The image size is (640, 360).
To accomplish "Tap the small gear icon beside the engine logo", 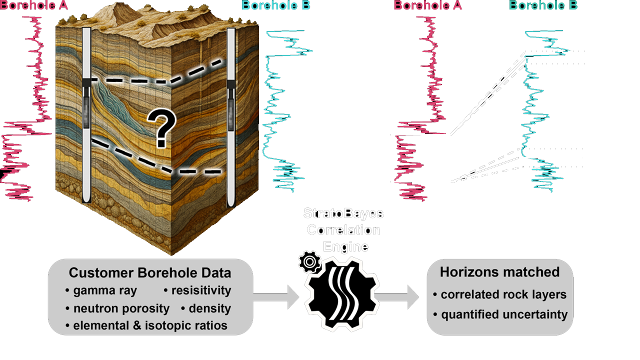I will coord(309,261).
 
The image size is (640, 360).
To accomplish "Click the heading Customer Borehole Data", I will coord(150,273).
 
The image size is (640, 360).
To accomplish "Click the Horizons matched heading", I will coord(499,272).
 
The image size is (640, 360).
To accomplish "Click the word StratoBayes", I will coord(343,213).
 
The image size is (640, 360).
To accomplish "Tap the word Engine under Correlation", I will coord(345,246).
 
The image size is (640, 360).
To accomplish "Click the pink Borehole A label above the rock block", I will coord(34,5).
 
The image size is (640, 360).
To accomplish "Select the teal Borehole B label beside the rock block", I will coord(275,5).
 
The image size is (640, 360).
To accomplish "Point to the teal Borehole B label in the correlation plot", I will coord(543,5).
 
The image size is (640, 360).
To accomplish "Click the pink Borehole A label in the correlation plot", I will coord(428,5).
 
